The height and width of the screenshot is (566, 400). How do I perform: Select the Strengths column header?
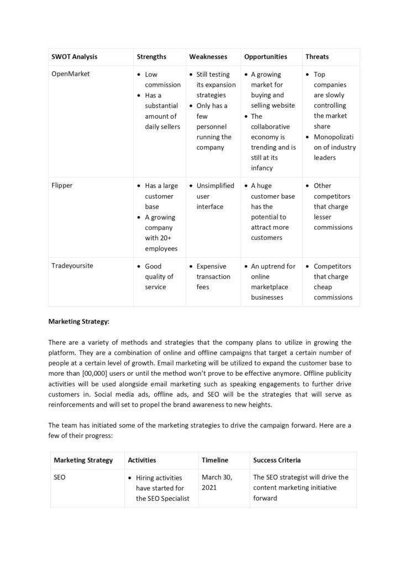click(151, 56)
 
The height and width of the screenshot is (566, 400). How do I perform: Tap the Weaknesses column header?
click(208, 56)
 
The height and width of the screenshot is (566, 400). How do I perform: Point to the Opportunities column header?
click(265, 56)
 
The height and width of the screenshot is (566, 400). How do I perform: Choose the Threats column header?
click(317, 56)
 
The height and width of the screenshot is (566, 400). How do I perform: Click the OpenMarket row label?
click(70, 74)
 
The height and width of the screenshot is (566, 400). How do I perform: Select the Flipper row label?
click(62, 186)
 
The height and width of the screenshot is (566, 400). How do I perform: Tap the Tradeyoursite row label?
click(72, 266)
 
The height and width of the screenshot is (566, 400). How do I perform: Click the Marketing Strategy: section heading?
click(78, 321)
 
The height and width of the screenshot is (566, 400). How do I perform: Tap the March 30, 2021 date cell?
click(217, 482)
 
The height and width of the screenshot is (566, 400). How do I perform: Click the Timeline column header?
click(214, 460)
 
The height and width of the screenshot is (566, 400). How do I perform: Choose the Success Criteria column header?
click(277, 460)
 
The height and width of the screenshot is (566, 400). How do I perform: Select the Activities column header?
click(141, 460)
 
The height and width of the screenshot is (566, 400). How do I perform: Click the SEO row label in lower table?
click(60, 477)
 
